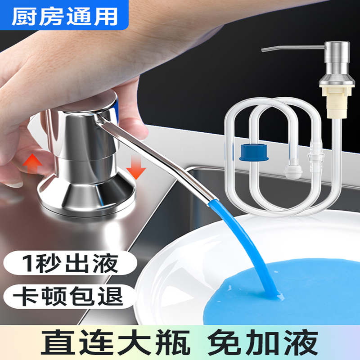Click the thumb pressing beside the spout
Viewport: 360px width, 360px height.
130,126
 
